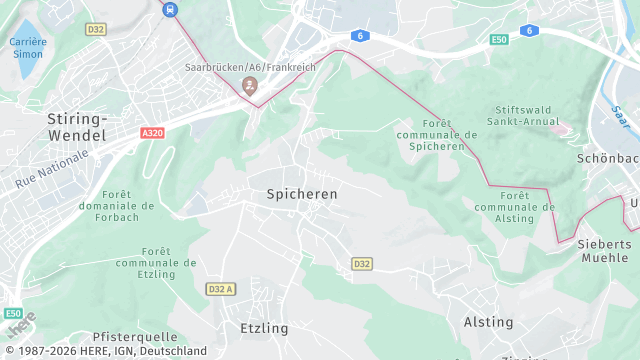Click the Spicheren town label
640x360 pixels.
(x=301, y=193)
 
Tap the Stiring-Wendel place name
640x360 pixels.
(x=78, y=125)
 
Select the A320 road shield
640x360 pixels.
(x=152, y=133)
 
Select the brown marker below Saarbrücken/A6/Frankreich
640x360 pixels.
(x=249, y=86)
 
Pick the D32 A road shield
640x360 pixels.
(x=220, y=289)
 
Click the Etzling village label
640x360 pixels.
(x=264, y=328)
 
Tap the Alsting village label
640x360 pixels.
(x=488, y=322)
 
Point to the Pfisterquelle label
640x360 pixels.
(x=134, y=337)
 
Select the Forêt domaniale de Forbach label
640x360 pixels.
(x=128, y=206)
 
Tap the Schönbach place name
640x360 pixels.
(x=608, y=158)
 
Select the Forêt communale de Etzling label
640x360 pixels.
(x=155, y=262)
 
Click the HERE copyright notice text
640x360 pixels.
(x=104, y=351)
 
